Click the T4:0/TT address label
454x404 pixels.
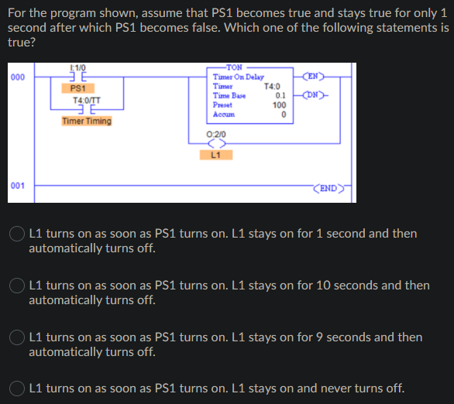click(84, 100)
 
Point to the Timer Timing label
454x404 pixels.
click(87, 121)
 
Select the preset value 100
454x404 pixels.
click(280, 104)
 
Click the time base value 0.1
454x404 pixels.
click(281, 95)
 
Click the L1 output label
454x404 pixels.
click(215, 154)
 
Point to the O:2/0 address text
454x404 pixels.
click(216, 134)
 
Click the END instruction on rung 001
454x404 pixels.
click(327, 187)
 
